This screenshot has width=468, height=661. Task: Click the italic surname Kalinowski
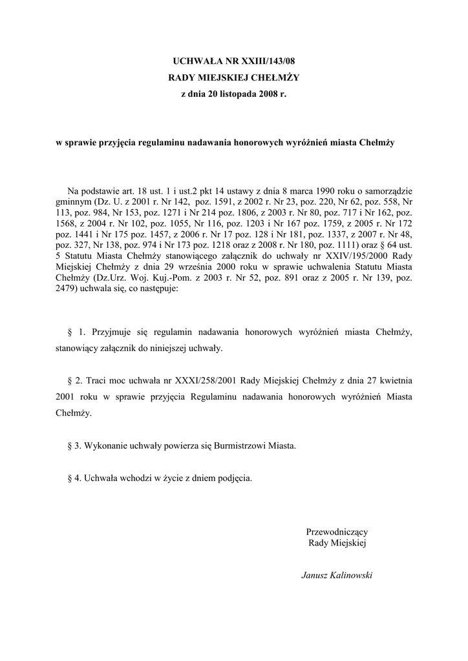[x=350, y=575]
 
